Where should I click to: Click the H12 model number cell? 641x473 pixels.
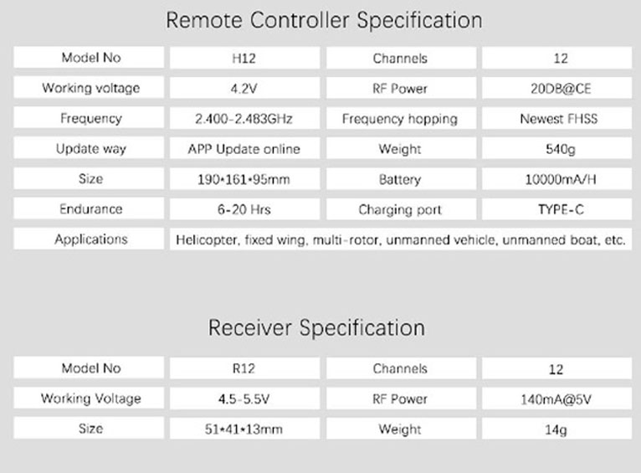coord(244,58)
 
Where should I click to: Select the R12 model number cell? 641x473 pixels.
coord(244,368)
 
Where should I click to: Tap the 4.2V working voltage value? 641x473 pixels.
coord(244,88)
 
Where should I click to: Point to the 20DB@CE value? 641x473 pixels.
coord(561,88)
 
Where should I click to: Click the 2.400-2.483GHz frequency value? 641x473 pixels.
coord(244,119)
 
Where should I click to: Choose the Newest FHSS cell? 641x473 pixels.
coord(558,119)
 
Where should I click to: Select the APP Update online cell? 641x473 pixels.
coord(244,149)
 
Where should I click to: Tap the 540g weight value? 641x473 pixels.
coord(561,149)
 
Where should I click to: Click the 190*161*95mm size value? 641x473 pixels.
coord(244,179)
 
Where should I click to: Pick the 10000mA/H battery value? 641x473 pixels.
coord(561,179)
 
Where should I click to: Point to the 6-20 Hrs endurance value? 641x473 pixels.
coord(244,209)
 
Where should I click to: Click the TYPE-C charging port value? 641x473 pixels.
coord(561,209)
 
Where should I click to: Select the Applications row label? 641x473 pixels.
coord(91,239)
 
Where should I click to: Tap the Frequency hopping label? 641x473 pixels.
coord(400,119)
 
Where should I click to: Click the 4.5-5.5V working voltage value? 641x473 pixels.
coord(244,398)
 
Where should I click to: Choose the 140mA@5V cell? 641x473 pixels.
coord(556,399)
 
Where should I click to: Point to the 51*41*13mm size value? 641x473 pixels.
coord(244,429)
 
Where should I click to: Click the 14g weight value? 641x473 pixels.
coord(556,429)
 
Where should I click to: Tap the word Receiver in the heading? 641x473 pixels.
coord(249,327)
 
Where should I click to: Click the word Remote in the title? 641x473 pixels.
coord(204,20)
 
